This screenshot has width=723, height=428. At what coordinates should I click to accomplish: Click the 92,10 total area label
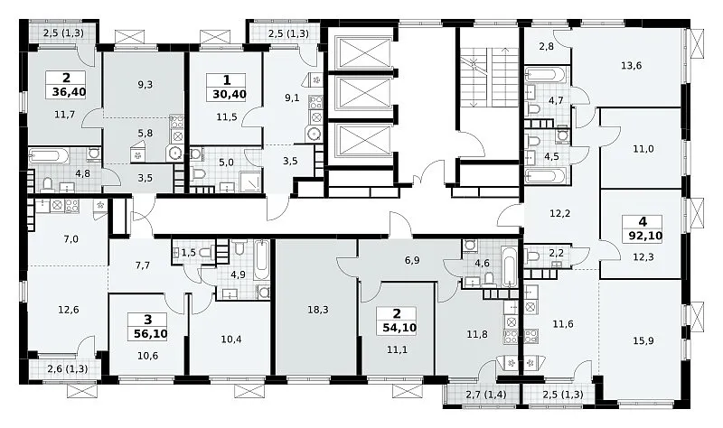[x=645, y=237]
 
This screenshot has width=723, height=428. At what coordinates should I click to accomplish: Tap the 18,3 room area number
[x=318, y=310]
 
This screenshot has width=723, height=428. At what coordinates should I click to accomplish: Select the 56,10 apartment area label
[x=147, y=333]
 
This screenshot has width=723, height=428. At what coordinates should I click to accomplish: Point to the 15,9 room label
[x=643, y=341]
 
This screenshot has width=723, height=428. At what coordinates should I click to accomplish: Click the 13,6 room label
[x=631, y=65]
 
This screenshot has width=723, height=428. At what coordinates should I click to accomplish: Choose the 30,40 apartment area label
[x=230, y=95]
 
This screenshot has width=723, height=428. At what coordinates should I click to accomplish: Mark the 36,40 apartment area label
[x=70, y=92]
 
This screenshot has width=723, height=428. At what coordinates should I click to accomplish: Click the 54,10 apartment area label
[x=399, y=328]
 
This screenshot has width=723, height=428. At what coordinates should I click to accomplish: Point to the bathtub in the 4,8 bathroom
[x=49, y=155]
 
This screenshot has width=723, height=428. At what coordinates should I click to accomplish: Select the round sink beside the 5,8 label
[x=174, y=154]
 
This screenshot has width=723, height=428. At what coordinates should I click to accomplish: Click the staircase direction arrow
[x=505, y=76]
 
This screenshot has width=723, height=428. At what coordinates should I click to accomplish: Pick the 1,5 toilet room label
[x=189, y=252]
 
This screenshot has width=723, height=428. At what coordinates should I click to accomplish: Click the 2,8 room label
[x=546, y=46]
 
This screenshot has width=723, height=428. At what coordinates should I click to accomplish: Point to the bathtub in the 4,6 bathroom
[x=510, y=266]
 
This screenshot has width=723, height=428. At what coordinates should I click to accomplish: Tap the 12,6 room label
[x=69, y=310]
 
